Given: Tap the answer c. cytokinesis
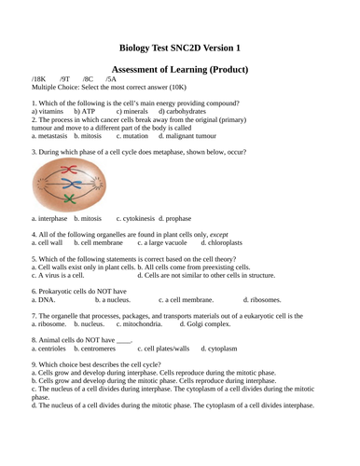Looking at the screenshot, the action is [134, 218].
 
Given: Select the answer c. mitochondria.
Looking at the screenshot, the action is [140, 324].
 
